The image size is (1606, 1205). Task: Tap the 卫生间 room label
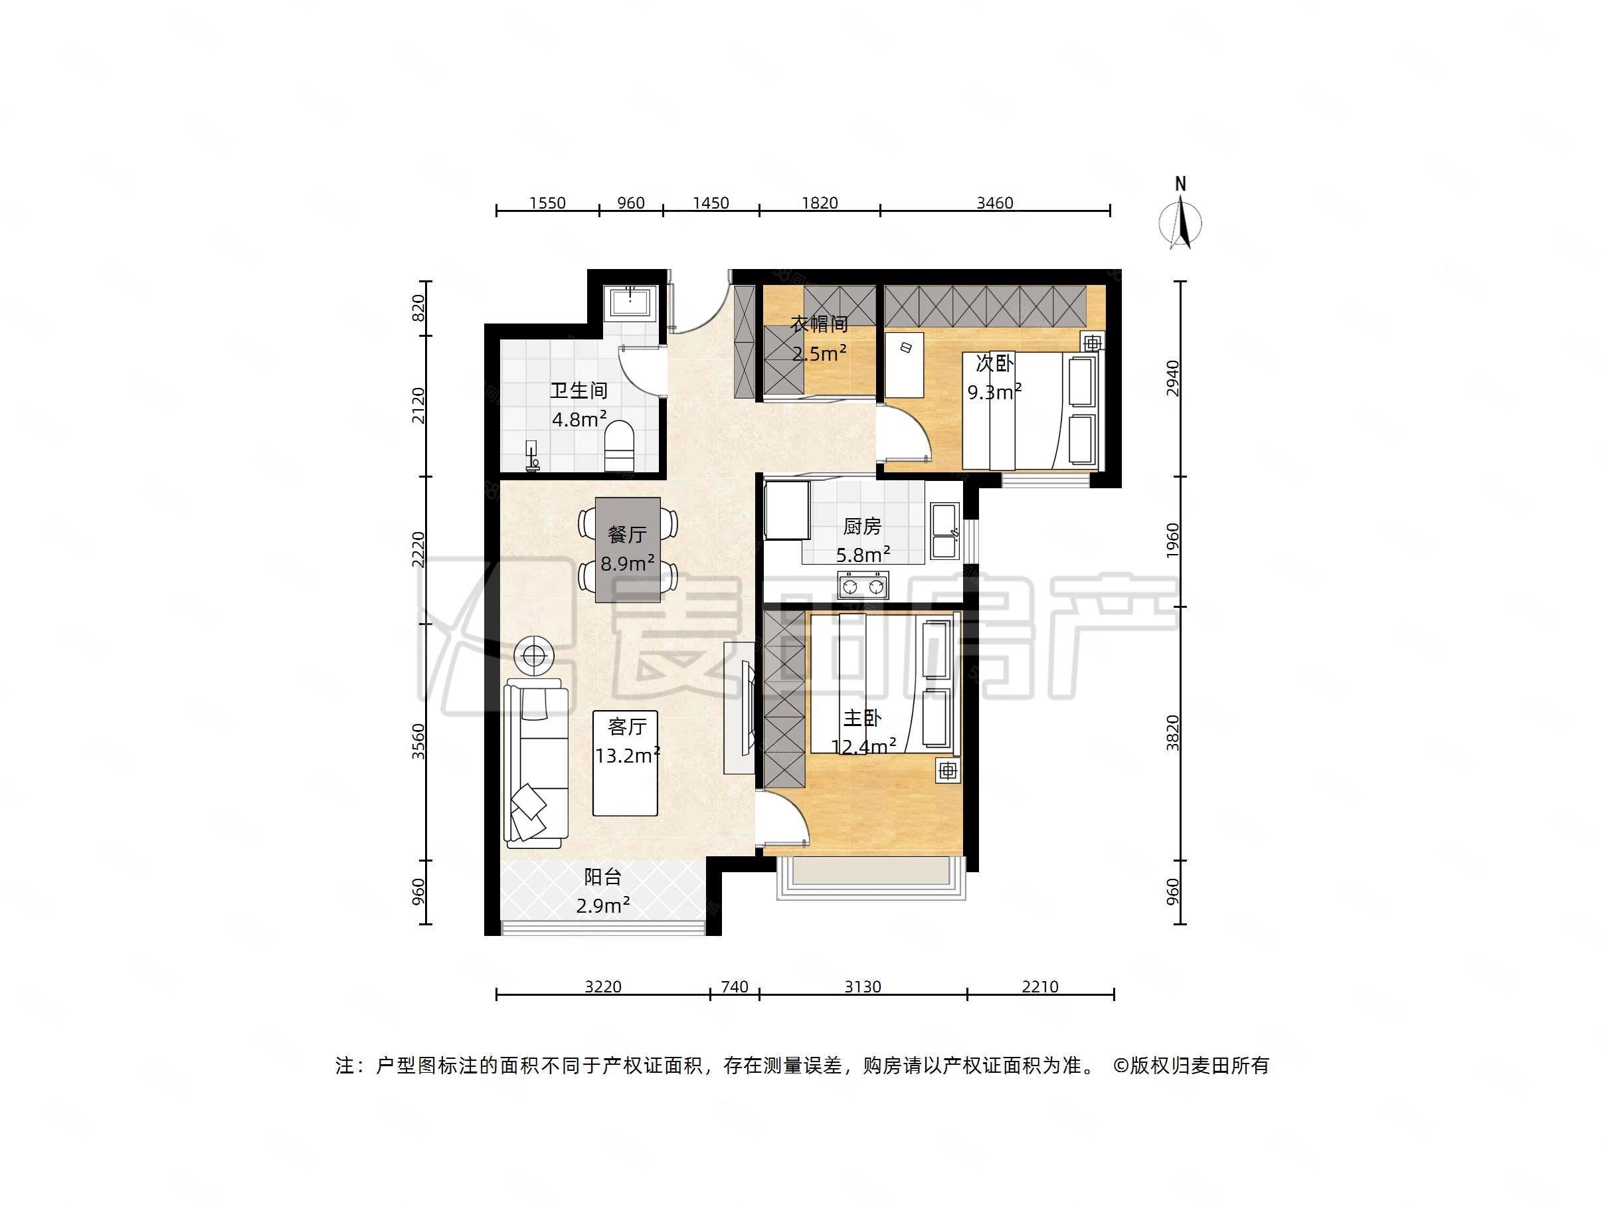tap(578, 391)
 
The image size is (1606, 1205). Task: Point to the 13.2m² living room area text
tap(627, 756)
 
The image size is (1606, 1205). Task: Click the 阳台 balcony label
tap(602, 878)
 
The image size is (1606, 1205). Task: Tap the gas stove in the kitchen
tap(863, 585)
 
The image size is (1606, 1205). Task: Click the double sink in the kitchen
tap(944, 530)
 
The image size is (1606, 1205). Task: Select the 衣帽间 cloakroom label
tap(819, 325)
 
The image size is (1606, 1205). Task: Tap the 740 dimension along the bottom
tap(734, 987)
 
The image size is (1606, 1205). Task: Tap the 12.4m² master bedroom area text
tap(863, 747)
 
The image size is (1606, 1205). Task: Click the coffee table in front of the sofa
tap(625, 763)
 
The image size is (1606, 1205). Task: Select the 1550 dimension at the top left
tap(547, 203)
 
